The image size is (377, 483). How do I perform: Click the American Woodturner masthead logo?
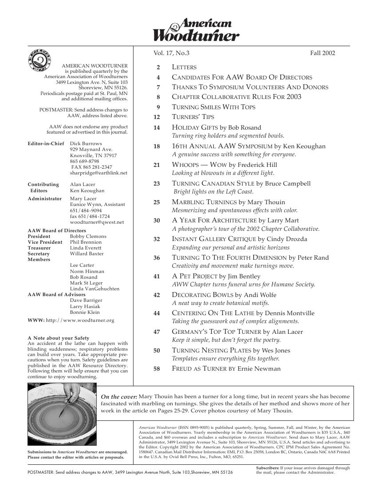[x=196, y=30]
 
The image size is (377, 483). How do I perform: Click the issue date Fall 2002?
[x=322, y=53]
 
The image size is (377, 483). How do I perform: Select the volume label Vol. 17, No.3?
[x=171, y=53]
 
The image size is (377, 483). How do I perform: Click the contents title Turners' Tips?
[x=193, y=117]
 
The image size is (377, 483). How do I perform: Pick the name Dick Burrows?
[x=86, y=144]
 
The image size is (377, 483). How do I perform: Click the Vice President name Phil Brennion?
[x=86, y=242]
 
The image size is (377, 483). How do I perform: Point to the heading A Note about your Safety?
[x=58, y=338]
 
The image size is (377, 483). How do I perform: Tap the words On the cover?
[x=119, y=396]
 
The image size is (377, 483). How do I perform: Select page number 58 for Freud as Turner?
[x=157, y=368]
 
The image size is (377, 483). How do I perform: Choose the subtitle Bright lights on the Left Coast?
[x=213, y=192]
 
